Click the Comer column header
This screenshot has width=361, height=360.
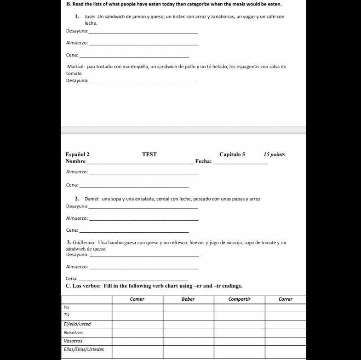point(137,299)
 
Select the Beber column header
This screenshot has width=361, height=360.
point(188,299)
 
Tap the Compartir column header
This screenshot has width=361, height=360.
point(239,299)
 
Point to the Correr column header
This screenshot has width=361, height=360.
point(286,299)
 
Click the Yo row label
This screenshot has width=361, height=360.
point(67,307)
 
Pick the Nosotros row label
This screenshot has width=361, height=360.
point(74,332)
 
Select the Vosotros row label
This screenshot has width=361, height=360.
point(73,341)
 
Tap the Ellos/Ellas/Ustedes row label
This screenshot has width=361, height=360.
point(84,349)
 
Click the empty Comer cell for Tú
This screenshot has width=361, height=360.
point(138,315)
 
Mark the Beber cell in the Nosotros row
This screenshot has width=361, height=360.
point(188,332)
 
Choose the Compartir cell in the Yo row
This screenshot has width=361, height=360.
point(239,307)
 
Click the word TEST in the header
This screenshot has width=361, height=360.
point(149,154)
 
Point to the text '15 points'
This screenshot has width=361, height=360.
point(275,154)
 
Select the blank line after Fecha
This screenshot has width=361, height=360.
point(241,162)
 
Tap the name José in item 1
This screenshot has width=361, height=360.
point(90,17)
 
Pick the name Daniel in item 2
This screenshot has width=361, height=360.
point(92,199)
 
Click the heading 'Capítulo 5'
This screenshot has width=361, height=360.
point(232,154)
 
